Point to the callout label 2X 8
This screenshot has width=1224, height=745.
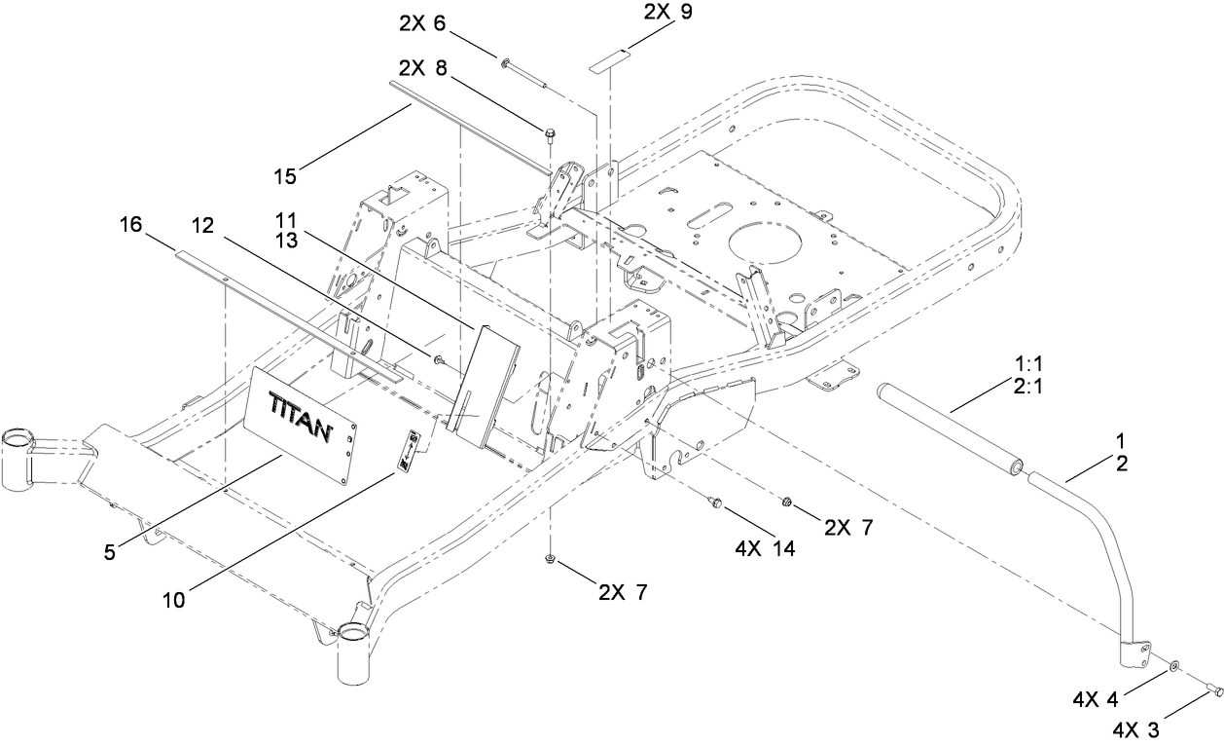(424, 69)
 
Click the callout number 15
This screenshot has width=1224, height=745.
(286, 176)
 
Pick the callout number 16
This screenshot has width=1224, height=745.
(130, 226)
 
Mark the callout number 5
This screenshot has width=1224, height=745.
(110, 552)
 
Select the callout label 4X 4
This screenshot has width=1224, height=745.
(1097, 698)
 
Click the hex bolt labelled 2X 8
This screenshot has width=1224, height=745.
(551, 133)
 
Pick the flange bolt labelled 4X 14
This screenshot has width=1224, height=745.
(715, 503)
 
